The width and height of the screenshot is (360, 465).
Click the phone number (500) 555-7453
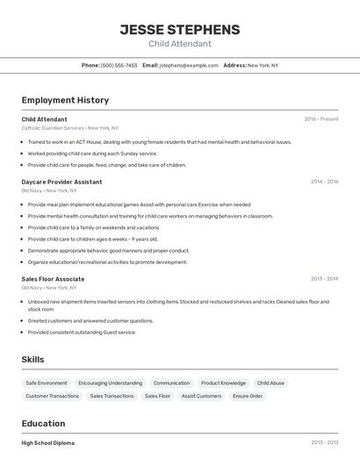119,65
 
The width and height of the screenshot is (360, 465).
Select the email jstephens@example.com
189,65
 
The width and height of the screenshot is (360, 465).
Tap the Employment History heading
65,100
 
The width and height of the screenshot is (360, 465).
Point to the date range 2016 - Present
320,119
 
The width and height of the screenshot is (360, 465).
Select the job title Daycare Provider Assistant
61,182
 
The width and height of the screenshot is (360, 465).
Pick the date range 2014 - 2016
324,182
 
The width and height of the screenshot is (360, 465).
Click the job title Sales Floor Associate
53,279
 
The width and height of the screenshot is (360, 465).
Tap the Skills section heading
32,360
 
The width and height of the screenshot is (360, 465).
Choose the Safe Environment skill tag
47,383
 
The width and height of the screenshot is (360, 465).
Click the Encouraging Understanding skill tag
110,383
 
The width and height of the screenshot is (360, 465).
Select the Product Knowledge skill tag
223,383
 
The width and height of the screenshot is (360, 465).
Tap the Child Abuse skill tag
270,383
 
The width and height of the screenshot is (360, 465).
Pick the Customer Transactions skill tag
52,397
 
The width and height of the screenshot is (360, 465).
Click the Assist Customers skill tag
201,397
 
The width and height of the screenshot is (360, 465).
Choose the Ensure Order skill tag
248,397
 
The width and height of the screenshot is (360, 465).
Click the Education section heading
43,424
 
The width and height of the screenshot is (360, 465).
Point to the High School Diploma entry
48,443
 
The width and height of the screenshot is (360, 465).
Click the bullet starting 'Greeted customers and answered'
90,320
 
